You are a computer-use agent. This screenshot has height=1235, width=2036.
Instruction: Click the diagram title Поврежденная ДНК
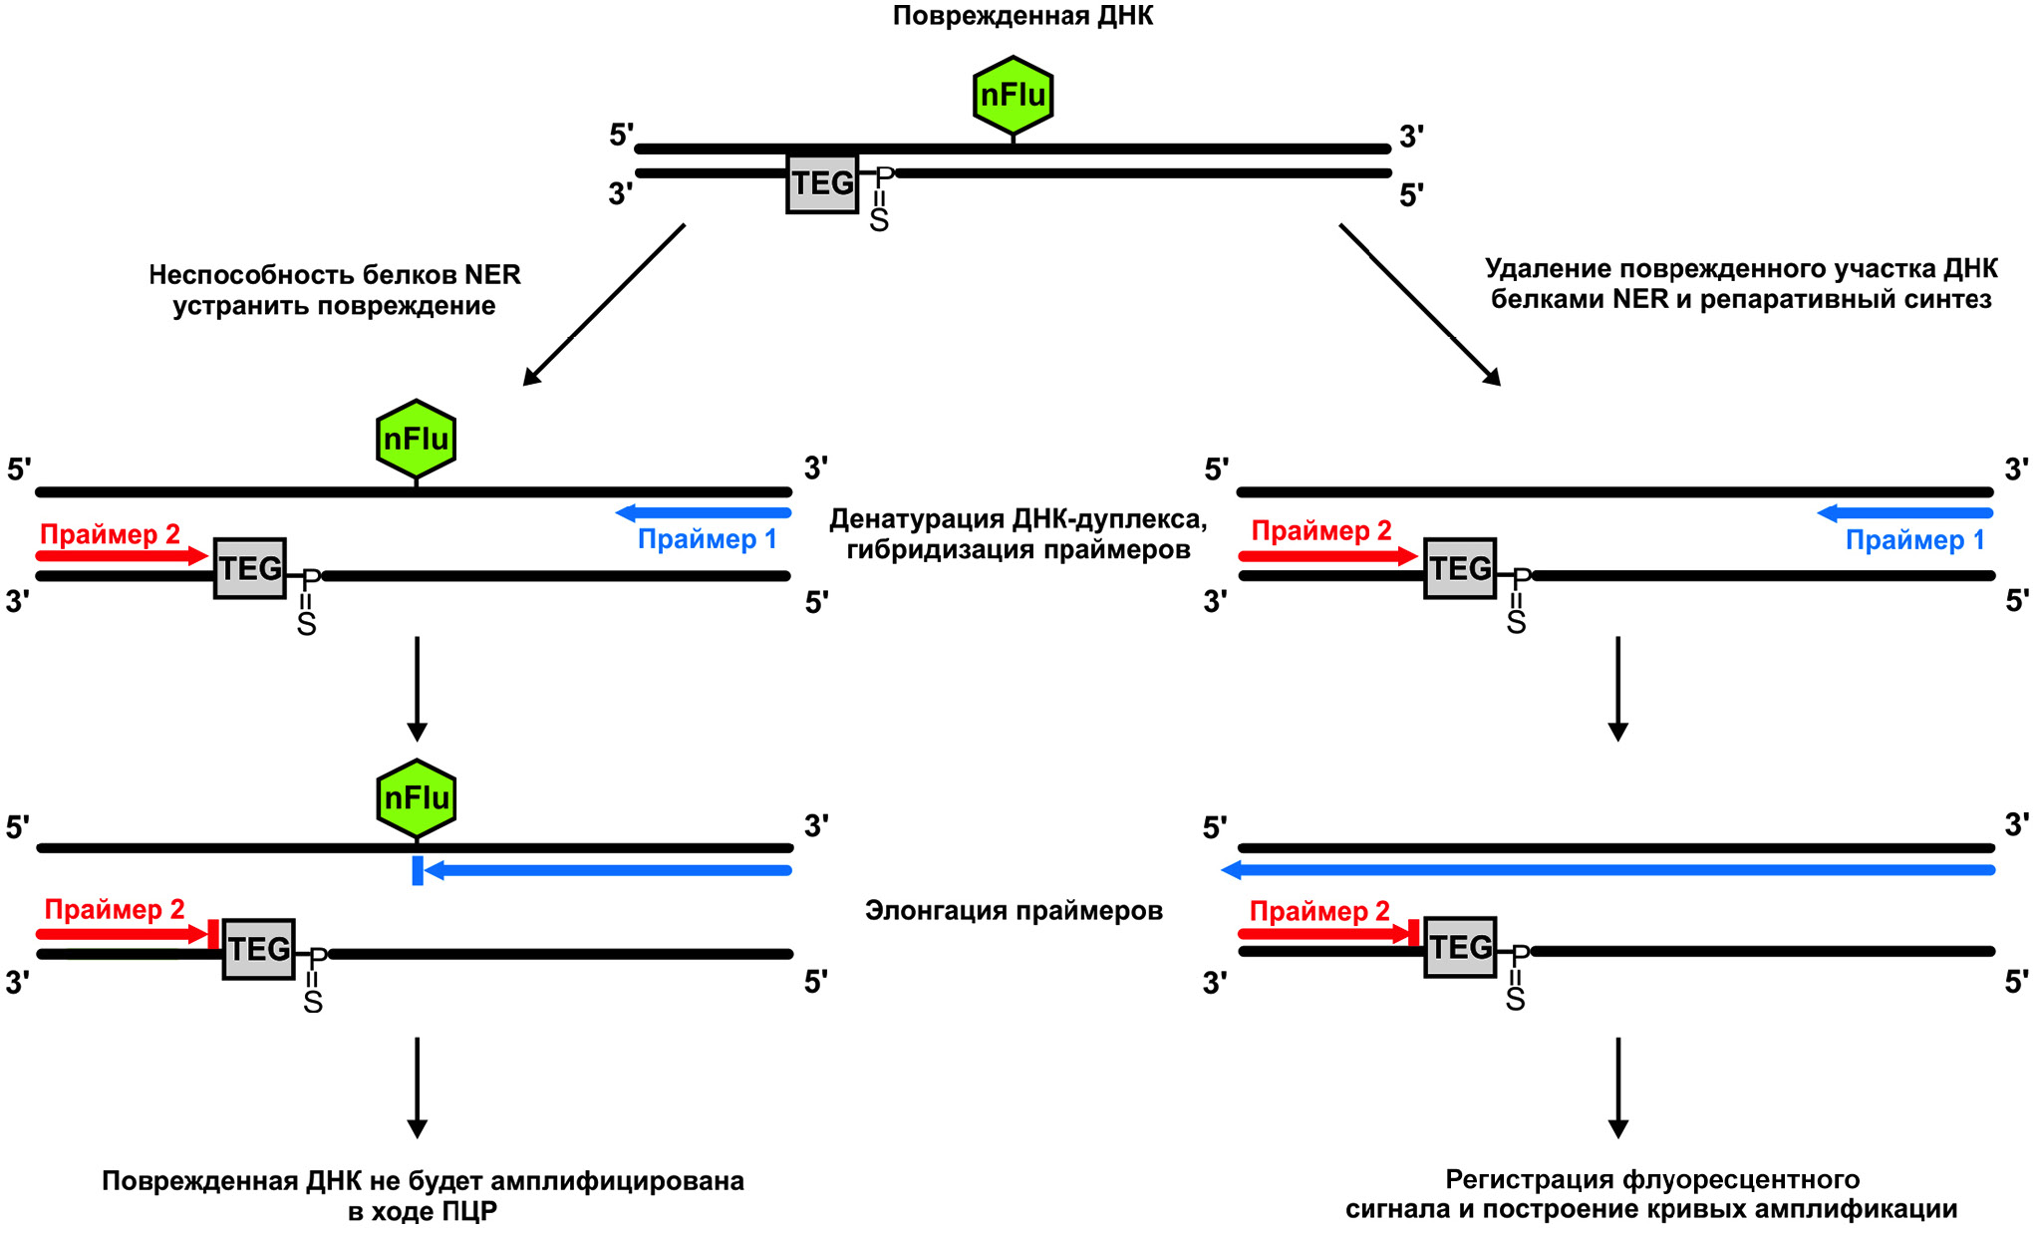(1022, 16)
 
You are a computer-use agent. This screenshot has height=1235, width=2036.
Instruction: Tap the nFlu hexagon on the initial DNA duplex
(1013, 96)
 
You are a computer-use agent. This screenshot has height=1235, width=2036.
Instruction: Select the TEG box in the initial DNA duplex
(822, 183)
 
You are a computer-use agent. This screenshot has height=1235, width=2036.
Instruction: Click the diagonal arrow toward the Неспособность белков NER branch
(603, 305)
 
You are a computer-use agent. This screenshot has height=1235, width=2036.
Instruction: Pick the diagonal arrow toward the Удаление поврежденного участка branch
(1420, 305)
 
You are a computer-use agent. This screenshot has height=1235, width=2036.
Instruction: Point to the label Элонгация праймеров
(1014, 910)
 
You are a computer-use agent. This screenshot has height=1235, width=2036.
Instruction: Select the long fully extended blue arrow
(1607, 870)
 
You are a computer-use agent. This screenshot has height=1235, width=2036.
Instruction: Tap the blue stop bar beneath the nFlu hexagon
(418, 870)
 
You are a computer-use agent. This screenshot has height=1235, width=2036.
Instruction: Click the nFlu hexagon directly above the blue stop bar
(417, 798)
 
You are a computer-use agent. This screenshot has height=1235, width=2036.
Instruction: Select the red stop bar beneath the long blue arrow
(1413, 934)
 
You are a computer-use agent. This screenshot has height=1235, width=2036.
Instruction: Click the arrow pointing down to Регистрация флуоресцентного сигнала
(1618, 1086)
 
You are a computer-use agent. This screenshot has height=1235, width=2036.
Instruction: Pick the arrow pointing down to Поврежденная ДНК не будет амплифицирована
(418, 1086)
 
